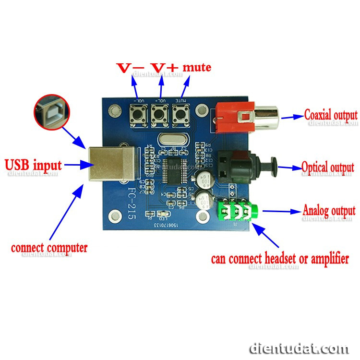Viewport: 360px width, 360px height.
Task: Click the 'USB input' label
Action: [33, 166]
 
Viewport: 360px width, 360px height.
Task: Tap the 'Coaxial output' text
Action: [331, 115]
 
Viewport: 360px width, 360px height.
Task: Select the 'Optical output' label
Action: [328, 168]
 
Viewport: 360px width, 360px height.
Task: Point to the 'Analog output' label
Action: [329, 210]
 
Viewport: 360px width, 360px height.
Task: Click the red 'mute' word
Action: [197, 67]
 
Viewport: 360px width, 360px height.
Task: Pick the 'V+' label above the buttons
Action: [163, 68]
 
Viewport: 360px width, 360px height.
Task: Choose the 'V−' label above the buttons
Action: [131, 68]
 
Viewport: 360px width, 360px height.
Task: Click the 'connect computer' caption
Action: [49, 248]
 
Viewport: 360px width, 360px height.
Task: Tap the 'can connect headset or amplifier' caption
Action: [280, 259]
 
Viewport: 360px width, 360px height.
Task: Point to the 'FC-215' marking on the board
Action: [131, 203]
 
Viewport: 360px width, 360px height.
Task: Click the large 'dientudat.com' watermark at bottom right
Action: [300, 348]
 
